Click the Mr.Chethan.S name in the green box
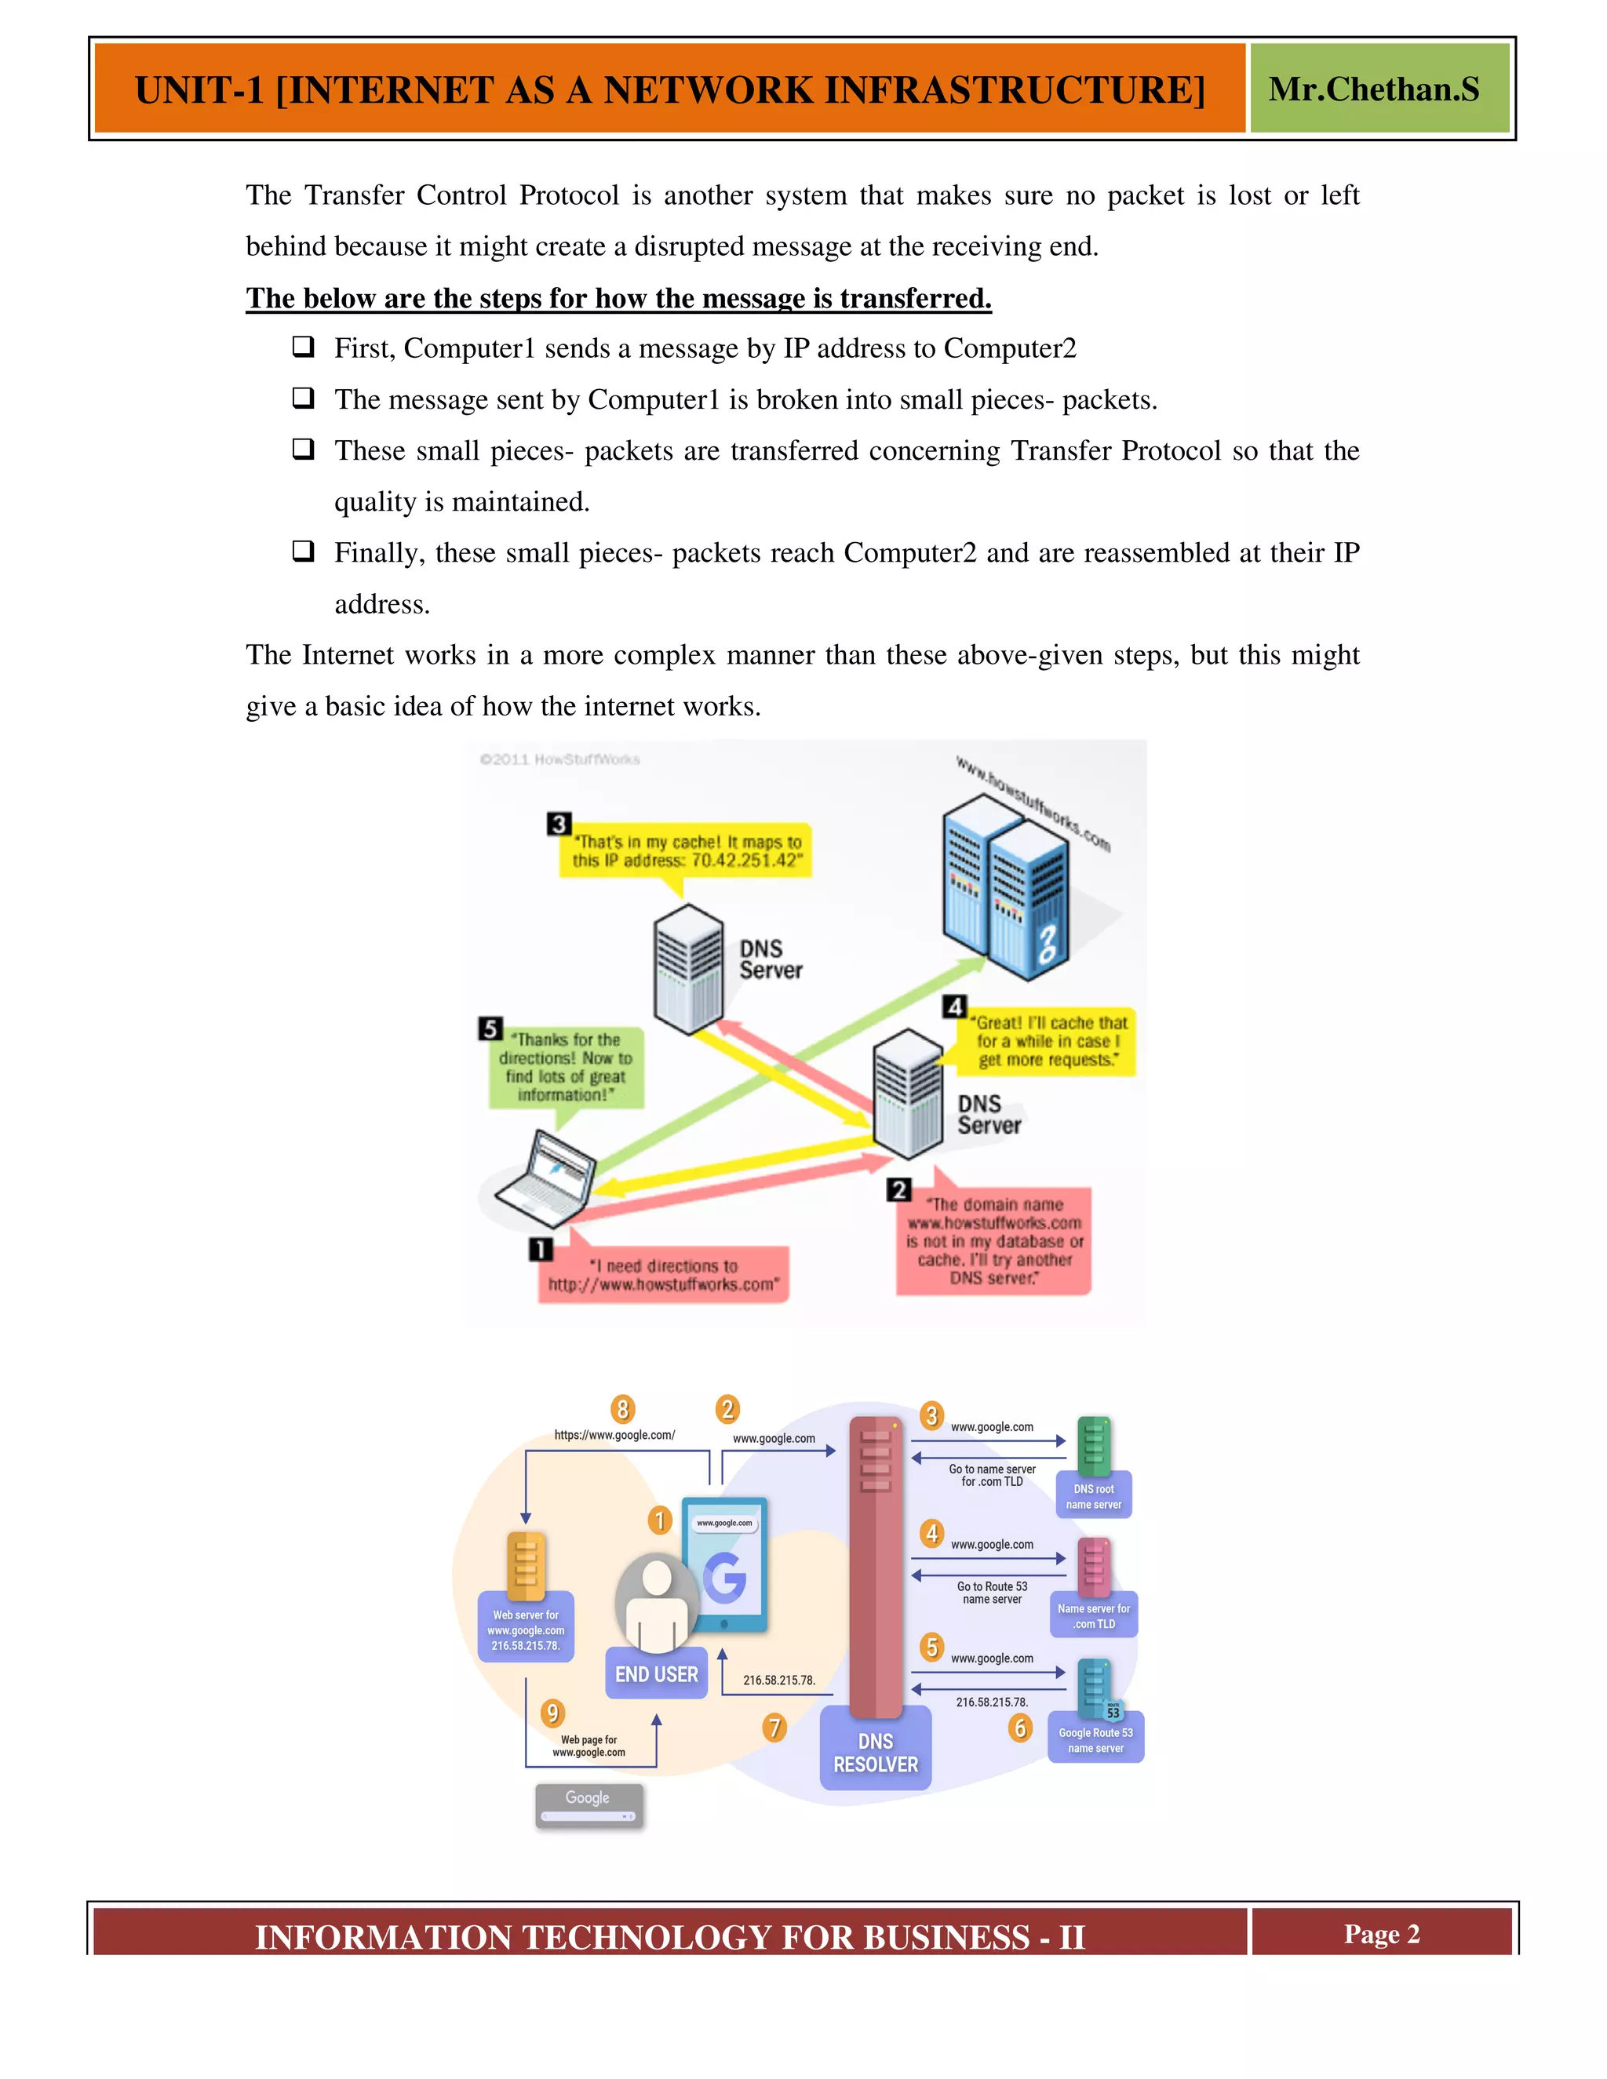click(x=1373, y=89)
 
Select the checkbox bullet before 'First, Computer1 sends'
click(x=303, y=347)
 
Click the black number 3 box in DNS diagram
click(x=559, y=824)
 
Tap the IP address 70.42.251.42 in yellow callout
click(x=744, y=861)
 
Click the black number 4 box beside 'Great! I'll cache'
click(x=955, y=1007)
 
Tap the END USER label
click(x=656, y=1673)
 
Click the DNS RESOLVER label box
click(x=875, y=1752)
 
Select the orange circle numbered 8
click(x=622, y=1409)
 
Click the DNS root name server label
click(x=1093, y=1496)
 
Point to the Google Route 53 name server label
click(x=1095, y=1739)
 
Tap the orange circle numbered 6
click(x=1019, y=1727)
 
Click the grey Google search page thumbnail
click(x=589, y=1805)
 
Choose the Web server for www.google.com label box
click(x=526, y=1629)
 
